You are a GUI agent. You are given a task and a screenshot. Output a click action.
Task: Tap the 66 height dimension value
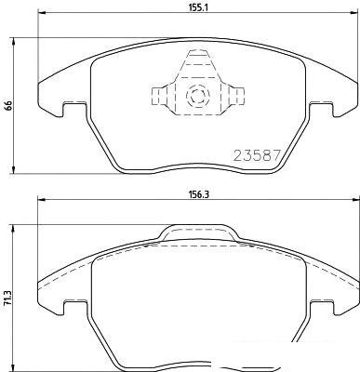pyautogui.click(x=8, y=106)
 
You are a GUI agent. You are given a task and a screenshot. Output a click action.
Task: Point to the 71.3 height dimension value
pyautogui.click(x=8, y=299)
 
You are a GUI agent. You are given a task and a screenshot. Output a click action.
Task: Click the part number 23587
pyautogui.click(x=257, y=155)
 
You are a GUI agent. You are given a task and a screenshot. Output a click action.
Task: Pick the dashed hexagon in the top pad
pyautogui.click(x=197, y=96)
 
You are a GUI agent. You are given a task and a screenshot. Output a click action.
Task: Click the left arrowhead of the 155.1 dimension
pyautogui.click(x=42, y=13)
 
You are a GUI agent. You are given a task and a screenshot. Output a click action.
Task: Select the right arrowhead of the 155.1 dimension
pyautogui.click(x=353, y=13)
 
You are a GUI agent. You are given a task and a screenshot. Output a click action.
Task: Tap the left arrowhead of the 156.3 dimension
pyautogui.click(x=42, y=200)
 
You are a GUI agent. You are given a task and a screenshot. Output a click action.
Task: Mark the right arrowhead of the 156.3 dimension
pyautogui.click(x=353, y=200)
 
